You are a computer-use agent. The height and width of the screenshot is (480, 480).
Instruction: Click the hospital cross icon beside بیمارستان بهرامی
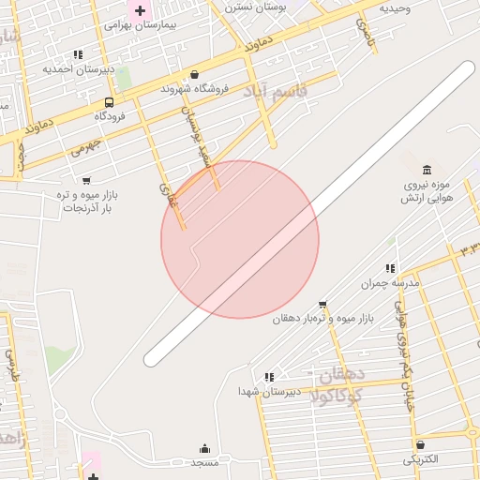[x=141, y=11]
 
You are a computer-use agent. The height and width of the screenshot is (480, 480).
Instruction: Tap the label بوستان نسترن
[x=255, y=7]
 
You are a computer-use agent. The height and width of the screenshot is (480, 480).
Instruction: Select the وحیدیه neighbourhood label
[x=396, y=7]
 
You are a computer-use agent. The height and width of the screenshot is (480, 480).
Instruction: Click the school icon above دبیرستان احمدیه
[x=78, y=54]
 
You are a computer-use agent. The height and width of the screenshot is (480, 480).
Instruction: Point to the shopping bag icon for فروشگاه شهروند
[x=194, y=74]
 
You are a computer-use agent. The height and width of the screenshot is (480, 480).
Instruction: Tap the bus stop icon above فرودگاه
[x=110, y=102]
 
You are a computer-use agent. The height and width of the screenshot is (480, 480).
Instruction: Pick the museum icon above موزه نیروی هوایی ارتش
[x=427, y=170]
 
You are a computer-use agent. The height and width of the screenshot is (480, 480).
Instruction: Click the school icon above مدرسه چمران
[x=391, y=268]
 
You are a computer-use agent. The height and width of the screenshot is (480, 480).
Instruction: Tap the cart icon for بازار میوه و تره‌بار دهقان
[x=323, y=304]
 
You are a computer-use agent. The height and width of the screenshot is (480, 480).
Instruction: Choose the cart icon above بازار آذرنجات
[x=86, y=180]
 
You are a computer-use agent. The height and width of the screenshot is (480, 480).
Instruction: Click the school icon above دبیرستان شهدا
[x=269, y=377]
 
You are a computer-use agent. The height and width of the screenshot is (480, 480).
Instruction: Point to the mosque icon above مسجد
[x=204, y=449]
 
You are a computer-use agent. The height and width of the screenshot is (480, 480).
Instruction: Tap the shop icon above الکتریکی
[x=419, y=444]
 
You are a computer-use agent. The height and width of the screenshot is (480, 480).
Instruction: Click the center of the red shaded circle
[x=240, y=239]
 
